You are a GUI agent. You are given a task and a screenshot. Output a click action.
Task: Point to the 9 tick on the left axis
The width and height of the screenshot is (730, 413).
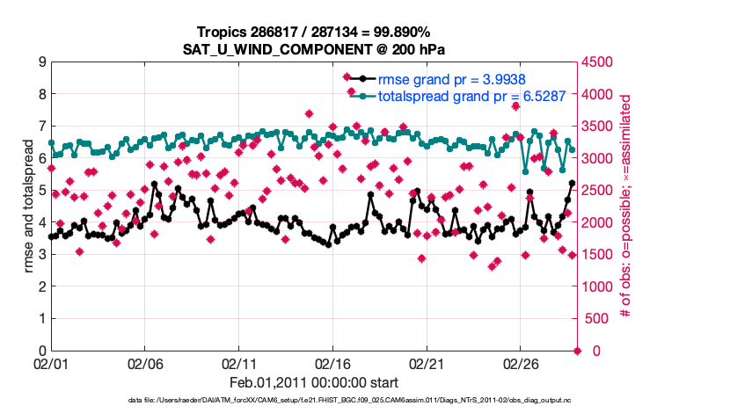(42, 62)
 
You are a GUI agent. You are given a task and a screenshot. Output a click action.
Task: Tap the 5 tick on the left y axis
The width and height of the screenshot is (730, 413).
(42, 191)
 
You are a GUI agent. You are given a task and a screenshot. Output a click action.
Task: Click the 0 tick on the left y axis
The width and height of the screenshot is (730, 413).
(42, 351)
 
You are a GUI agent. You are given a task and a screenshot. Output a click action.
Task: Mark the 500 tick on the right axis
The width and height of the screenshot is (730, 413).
(595, 319)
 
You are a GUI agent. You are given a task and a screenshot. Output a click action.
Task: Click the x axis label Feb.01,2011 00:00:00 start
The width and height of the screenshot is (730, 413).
(313, 383)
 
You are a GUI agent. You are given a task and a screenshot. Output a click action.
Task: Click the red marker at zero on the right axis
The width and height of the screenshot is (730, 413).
(578, 351)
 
